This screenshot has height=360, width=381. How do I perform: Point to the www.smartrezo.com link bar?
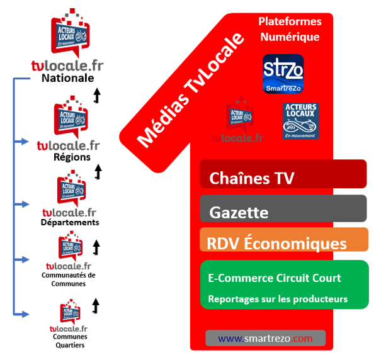pos(265,338)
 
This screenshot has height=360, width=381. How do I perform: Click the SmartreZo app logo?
pos(283,74)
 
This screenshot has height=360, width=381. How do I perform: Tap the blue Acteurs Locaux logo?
pos(300,120)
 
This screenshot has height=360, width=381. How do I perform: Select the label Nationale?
pos(67,79)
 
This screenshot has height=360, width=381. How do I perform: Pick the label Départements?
pos(69,222)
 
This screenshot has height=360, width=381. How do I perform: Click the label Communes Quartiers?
pos(69,340)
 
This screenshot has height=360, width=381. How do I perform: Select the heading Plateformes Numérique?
pos(290,29)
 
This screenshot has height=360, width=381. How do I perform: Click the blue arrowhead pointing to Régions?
pos(24,141)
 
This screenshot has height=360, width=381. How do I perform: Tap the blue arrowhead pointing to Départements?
pos(24,205)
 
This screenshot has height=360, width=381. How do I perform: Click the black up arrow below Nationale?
pos(97,95)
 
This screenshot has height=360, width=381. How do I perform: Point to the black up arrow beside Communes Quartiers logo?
pos(96,306)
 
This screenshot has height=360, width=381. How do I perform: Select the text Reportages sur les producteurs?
pos(278,299)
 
